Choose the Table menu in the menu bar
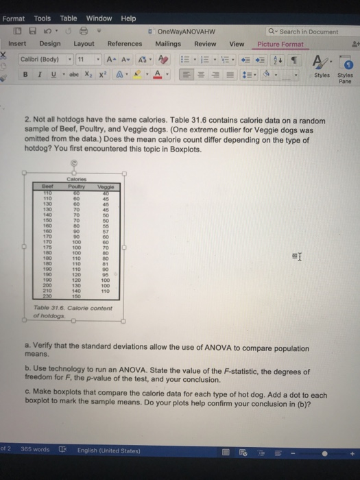(69, 19)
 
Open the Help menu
(128, 19)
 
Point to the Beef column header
(46, 186)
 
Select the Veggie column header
(106, 186)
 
